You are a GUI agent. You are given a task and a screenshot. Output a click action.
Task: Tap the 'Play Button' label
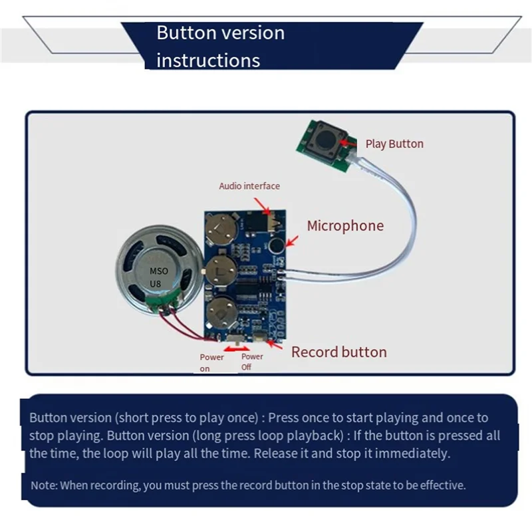(394, 144)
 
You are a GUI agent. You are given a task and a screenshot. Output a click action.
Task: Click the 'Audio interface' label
(249, 186)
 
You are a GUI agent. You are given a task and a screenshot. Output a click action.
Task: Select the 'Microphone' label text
(345, 226)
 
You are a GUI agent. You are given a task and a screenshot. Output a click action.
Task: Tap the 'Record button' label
(338, 352)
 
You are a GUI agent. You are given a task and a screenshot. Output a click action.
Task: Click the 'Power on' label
(211, 362)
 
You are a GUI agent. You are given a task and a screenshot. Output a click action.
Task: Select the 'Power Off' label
(252, 362)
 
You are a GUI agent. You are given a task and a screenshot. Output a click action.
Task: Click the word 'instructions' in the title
(208, 61)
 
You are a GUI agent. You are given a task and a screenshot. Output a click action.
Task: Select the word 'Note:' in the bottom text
(45, 485)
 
